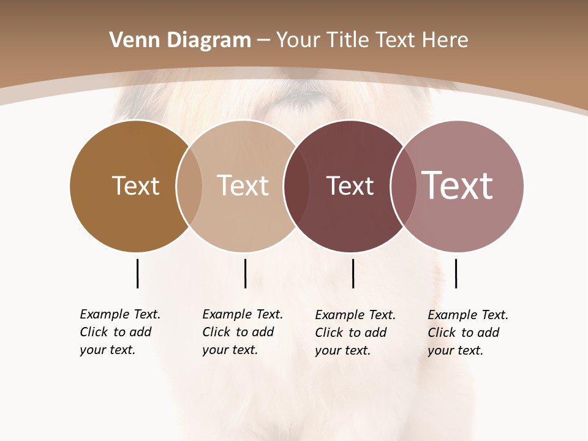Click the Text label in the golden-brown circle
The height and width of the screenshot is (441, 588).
(x=135, y=186)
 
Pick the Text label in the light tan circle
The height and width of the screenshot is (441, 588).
(x=243, y=186)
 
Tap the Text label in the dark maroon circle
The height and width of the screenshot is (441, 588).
(x=350, y=186)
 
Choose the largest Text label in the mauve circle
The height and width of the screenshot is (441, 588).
(x=458, y=186)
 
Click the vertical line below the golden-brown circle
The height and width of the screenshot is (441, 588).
(x=137, y=273)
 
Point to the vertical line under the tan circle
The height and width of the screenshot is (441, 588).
(x=245, y=273)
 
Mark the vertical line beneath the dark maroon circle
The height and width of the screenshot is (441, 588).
(x=353, y=273)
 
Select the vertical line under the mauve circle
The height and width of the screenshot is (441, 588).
(x=456, y=273)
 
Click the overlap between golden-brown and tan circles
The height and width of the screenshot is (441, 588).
(x=189, y=186)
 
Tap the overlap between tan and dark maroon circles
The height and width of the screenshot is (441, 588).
(x=296, y=186)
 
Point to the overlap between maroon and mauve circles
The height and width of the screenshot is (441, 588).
(x=402, y=186)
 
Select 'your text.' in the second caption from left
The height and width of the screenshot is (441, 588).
(x=230, y=350)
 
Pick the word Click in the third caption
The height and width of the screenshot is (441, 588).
(x=329, y=333)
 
